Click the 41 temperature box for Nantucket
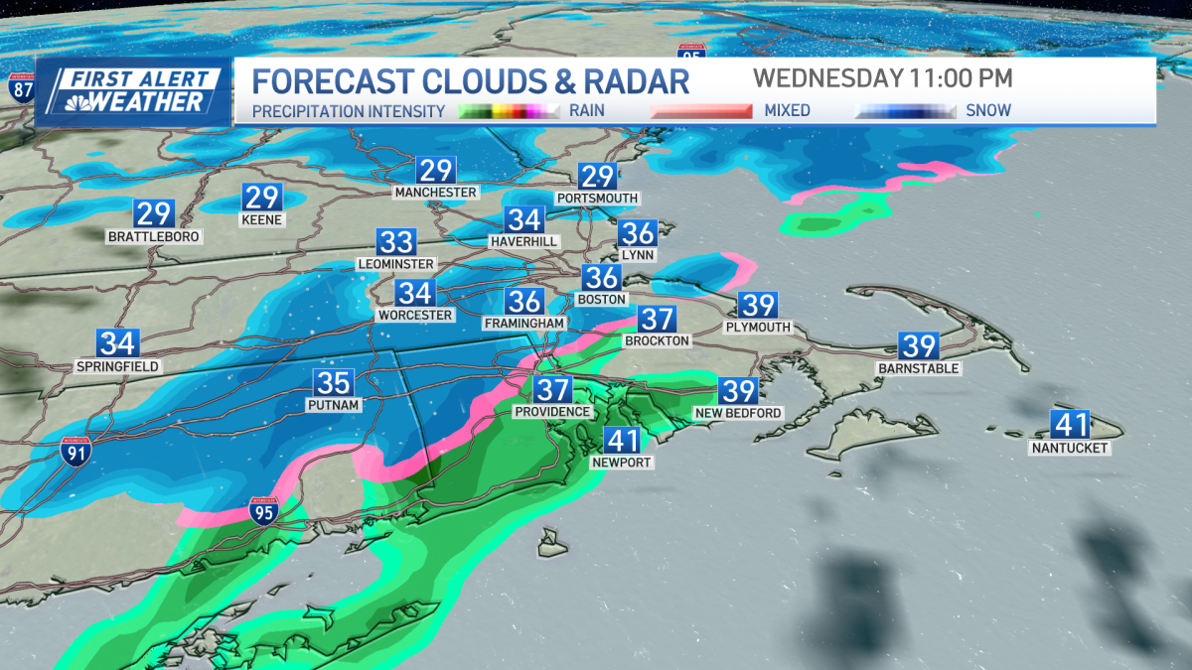tap(1072, 425)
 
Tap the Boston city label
tap(602, 299)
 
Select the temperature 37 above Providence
tap(552, 390)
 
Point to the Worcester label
tap(415, 315)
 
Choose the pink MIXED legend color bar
tap(701, 111)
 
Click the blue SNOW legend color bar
tap(905, 111)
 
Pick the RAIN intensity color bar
tap(510, 111)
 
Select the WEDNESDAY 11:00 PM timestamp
tap(882, 78)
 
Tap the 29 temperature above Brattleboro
tap(154, 213)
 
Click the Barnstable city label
tap(919, 368)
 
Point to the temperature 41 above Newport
tap(622, 441)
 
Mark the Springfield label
tap(117, 366)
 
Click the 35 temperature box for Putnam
tap(334, 382)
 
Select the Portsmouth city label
tap(597, 199)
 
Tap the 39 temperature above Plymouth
tap(758, 305)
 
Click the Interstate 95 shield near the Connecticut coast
tap(263, 510)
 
